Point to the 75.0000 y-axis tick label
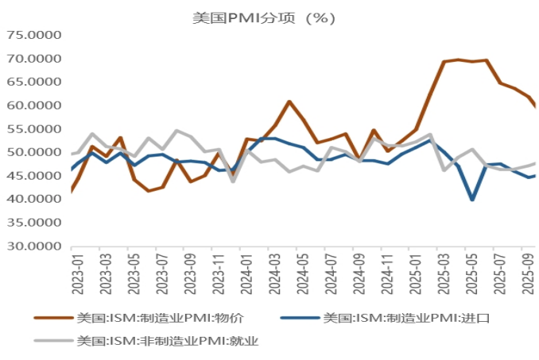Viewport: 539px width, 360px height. (34, 35)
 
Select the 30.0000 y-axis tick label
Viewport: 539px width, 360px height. (34, 246)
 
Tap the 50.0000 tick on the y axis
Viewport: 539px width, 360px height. (34, 152)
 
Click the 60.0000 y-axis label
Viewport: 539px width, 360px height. (34, 105)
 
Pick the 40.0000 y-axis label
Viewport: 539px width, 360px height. (34, 199)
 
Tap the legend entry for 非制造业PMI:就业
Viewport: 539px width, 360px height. (168, 342)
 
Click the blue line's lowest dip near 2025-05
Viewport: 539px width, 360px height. (473, 199)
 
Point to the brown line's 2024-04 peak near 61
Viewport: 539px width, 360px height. (289, 102)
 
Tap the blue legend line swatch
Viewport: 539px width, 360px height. (301, 318)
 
